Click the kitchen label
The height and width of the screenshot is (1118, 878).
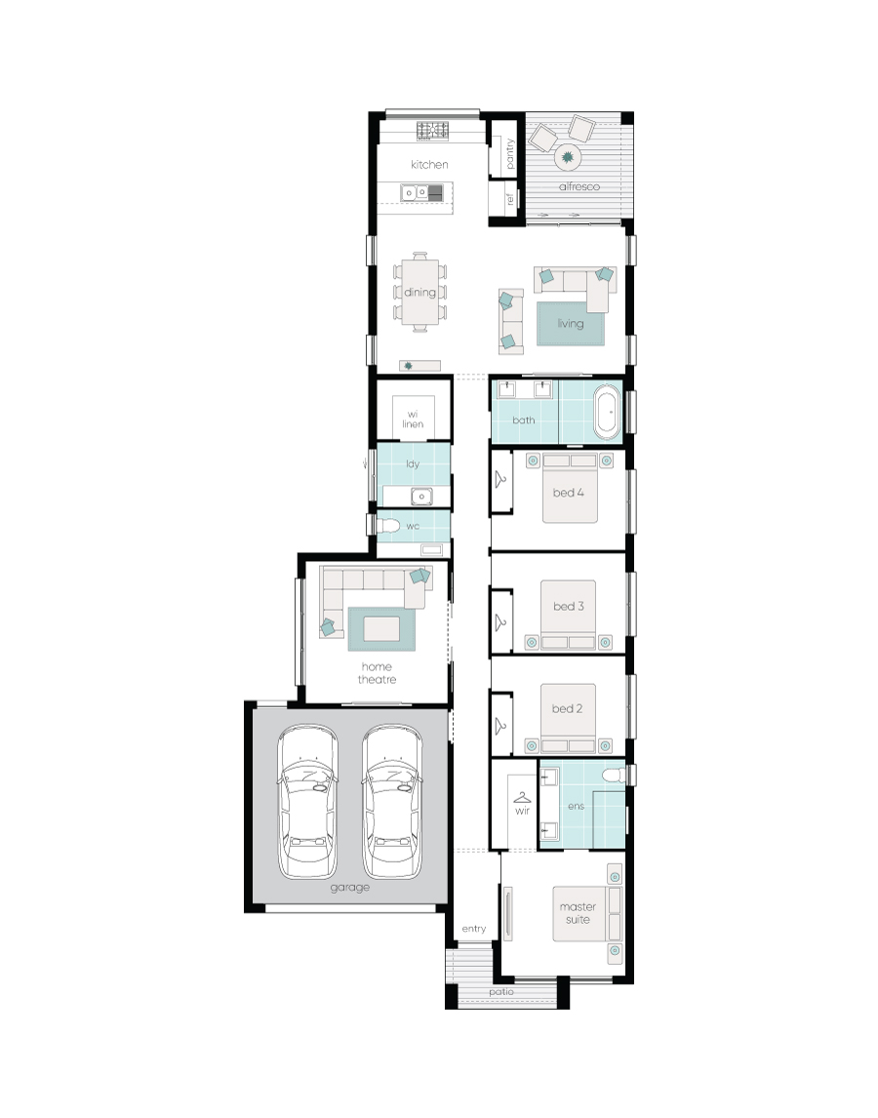(429, 165)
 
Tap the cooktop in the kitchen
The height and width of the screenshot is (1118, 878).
(431, 129)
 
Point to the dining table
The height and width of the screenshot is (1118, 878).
(420, 292)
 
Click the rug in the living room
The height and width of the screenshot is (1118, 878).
(571, 323)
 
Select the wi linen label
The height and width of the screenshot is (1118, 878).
(414, 419)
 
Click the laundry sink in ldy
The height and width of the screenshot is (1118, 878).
(420, 496)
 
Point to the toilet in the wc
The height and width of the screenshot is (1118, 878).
(389, 527)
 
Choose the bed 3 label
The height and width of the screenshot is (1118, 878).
(569, 606)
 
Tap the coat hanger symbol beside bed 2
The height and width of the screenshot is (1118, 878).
(501, 723)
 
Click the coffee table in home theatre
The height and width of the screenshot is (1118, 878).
(381, 629)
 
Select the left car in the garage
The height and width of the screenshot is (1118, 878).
(307, 802)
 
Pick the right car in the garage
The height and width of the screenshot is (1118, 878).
(392, 802)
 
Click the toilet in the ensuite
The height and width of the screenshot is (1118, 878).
(612, 776)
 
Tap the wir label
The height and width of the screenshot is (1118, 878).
(521, 809)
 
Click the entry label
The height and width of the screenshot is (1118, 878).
(473, 929)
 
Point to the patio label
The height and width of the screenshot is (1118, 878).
(501, 992)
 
